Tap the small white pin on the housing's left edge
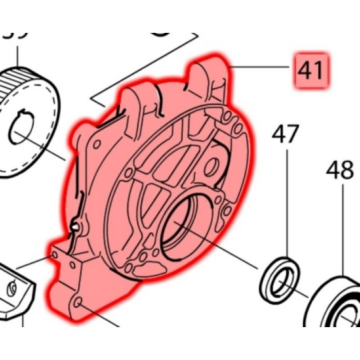tap(74, 227)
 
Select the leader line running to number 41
tap(261, 67)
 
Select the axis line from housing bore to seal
tap(220, 246)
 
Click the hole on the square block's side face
tap(55, 255)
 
